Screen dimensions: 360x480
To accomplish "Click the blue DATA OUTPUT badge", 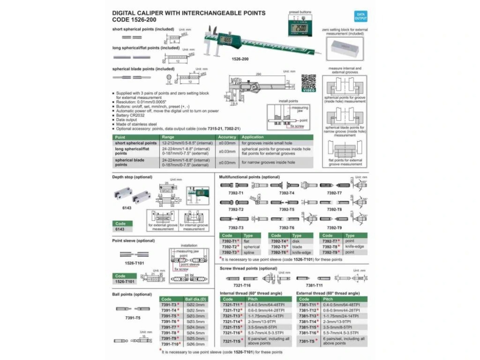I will [x=360, y=16].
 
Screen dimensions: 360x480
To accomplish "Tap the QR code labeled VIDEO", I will [x=308, y=82].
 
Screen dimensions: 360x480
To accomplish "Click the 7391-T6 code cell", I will [x=170, y=321].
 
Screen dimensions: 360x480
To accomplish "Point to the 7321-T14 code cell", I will [x=231, y=321].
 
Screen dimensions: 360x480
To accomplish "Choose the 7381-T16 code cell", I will [x=308, y=332].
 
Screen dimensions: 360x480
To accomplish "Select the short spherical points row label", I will [x=136, y=143].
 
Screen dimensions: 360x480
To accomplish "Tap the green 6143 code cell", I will [x=120, y=229].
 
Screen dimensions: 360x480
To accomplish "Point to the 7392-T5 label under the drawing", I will [x=287, y=209].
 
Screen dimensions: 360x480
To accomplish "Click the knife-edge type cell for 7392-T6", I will [x=301, y=252].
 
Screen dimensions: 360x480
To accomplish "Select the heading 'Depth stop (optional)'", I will [x=132, y=177].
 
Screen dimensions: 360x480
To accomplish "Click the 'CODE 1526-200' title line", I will [x=133, y=20].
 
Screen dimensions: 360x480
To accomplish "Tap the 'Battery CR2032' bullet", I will [x=130, y=115].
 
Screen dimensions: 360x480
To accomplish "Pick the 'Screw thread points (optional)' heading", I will [x=248, y=268].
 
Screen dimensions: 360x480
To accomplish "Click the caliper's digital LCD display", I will [x=228, y=41].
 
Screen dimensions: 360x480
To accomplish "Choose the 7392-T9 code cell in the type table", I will [x=330, y=252].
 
